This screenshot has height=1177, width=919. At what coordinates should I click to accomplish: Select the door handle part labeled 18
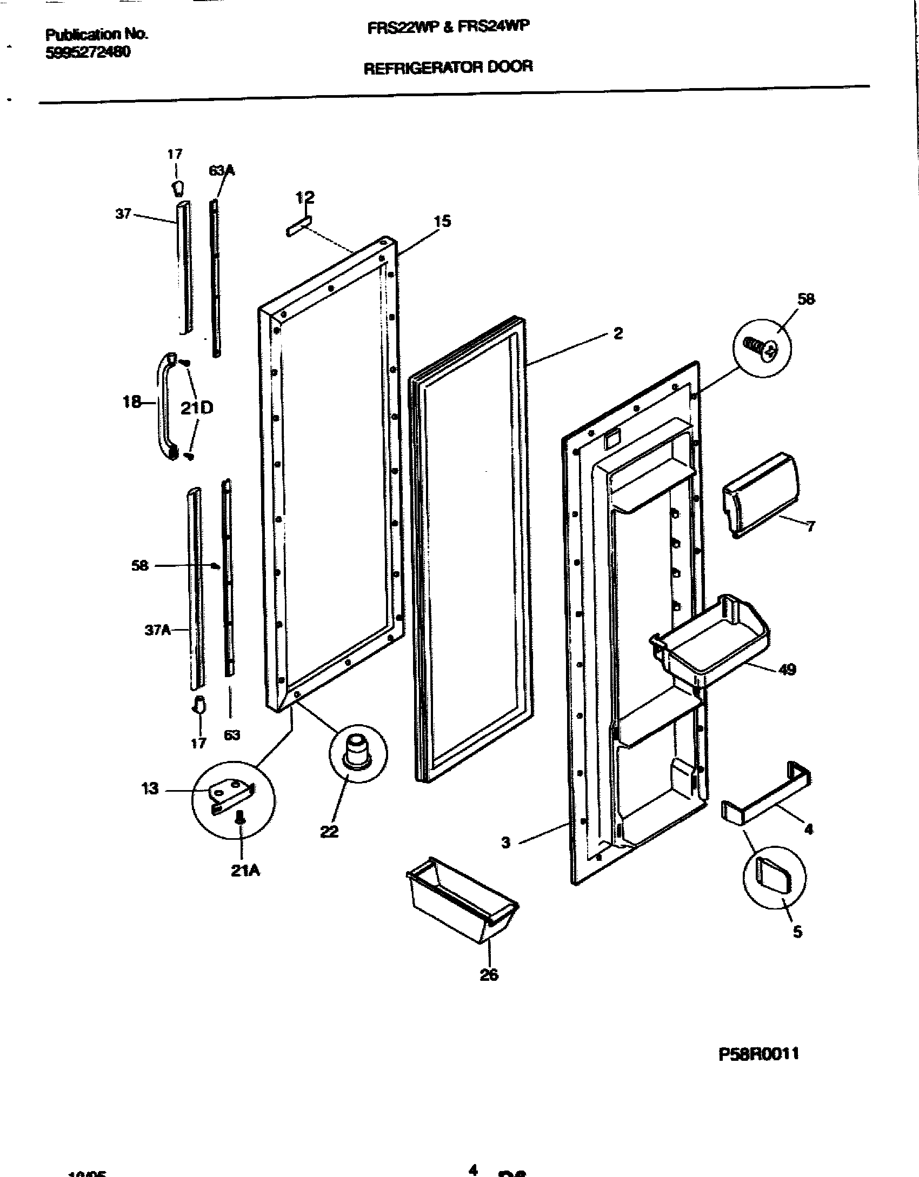pos(164,405)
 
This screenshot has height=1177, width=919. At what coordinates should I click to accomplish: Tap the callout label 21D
pos(197,407)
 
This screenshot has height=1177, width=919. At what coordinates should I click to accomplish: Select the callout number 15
pos(442,221)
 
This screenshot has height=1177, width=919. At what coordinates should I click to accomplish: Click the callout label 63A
pos(222,171)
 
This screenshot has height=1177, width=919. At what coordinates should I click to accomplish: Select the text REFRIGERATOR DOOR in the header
pos(448,67)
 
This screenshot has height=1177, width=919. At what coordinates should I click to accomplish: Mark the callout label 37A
pos(157,630)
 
